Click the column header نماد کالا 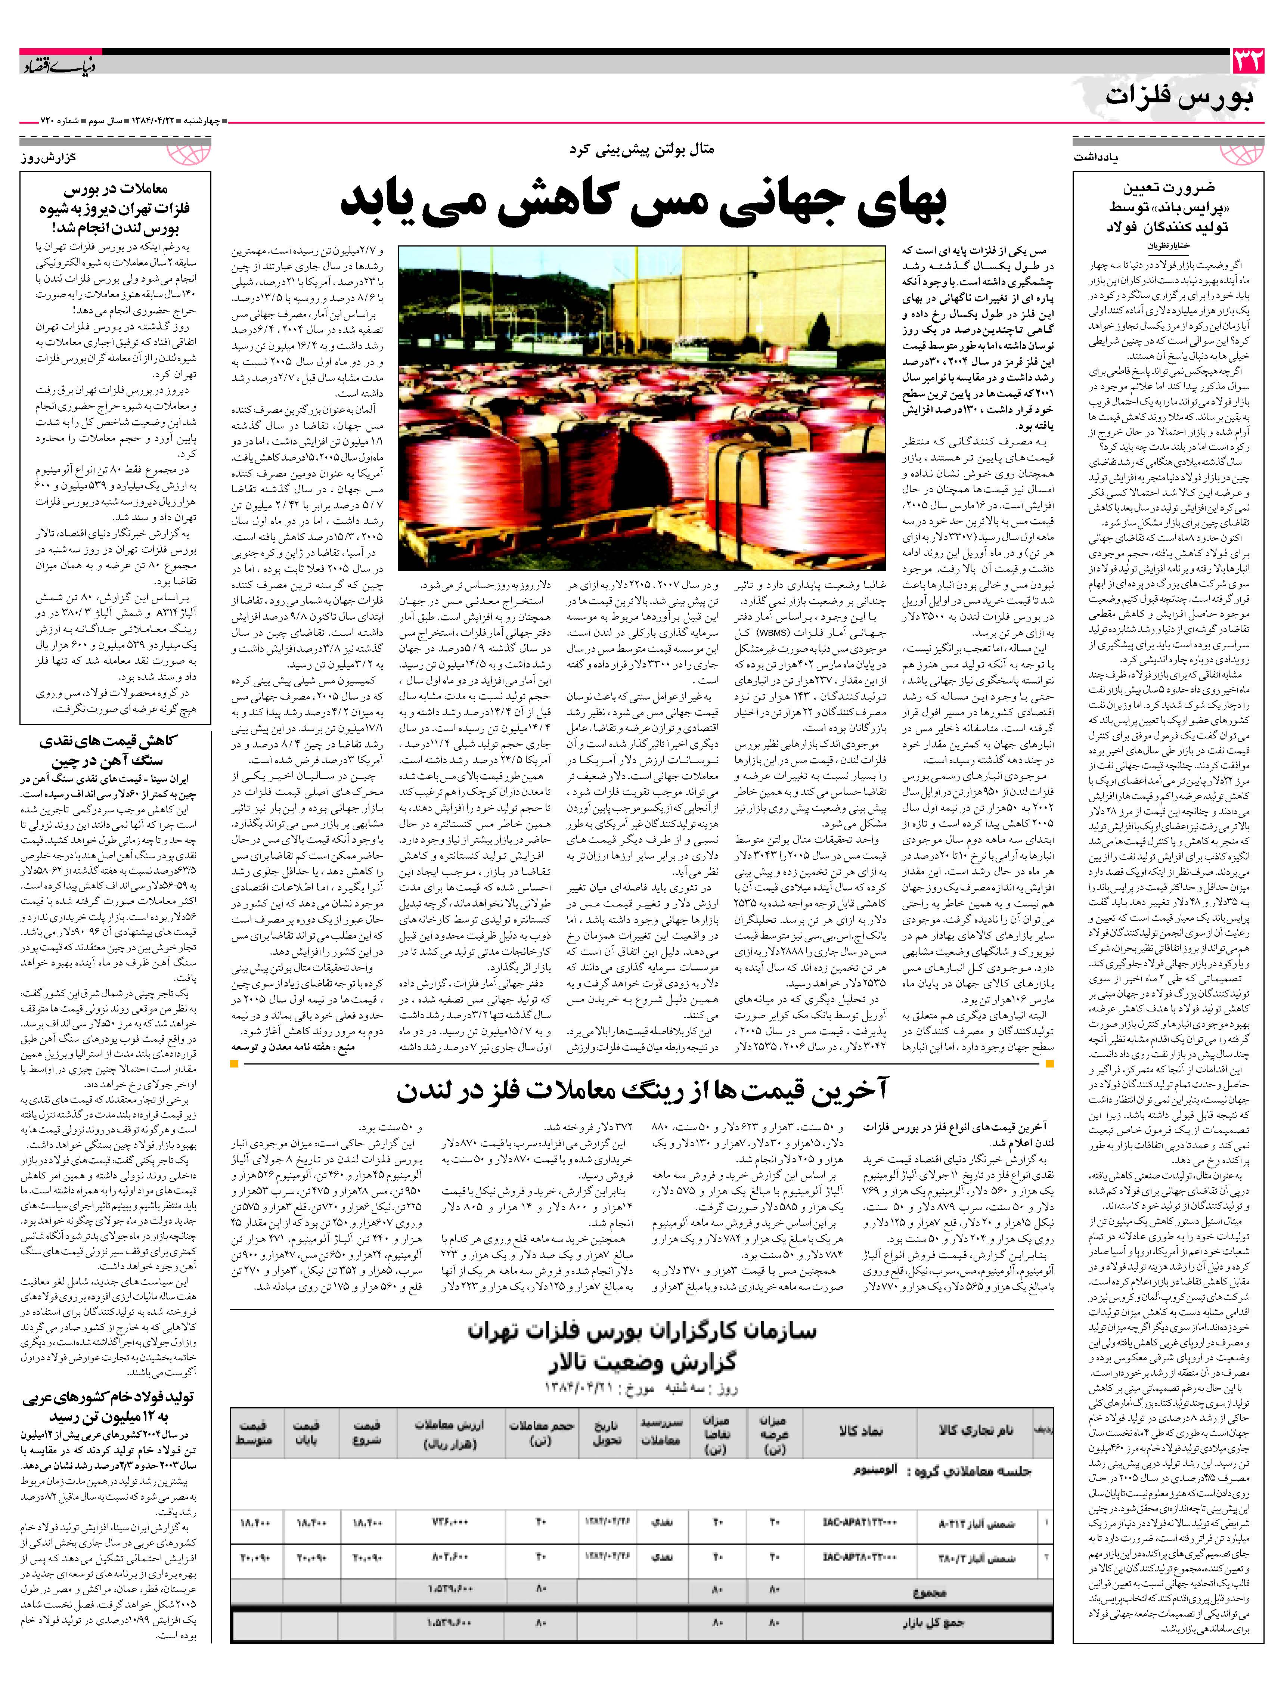pyautogui.click(x=860, y=1430)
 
